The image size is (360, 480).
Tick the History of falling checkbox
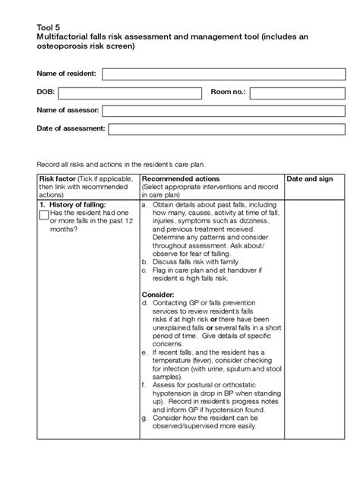click(x=43, y=216)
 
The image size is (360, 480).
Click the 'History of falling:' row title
click(x=77, y=205)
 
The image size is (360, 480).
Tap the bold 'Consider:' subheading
click(x=158, y=294)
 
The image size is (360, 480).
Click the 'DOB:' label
click(x=47, y=93)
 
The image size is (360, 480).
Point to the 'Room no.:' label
click(x=228, y=93)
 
